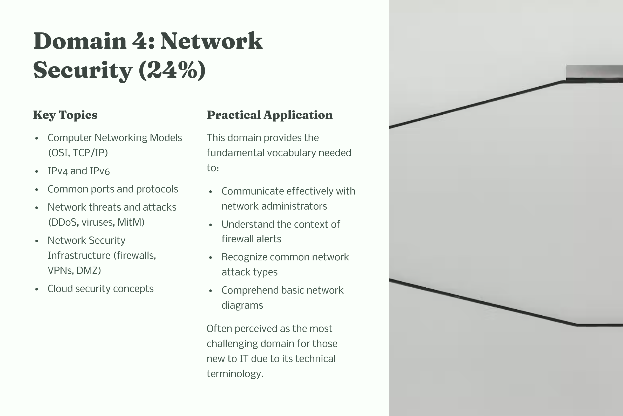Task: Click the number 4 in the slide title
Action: [140, 41]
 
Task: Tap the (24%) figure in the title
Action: [172, 70]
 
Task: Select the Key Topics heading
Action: [65, 115]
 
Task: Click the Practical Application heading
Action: [269, 115]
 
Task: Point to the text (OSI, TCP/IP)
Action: [78, 153]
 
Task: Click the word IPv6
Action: [100, 171]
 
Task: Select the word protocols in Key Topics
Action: [157, 189]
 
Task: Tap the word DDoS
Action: [64, 222]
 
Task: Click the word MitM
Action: [131, 222]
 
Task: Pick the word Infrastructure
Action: [79, 255]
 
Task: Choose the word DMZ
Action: [89, 271]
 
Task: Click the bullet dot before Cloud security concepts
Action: [37, 289]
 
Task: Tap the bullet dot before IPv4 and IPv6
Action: [37, 172]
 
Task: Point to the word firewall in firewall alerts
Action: [238, 239]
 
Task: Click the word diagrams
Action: [242, 306]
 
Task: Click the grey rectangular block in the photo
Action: [594, 71]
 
